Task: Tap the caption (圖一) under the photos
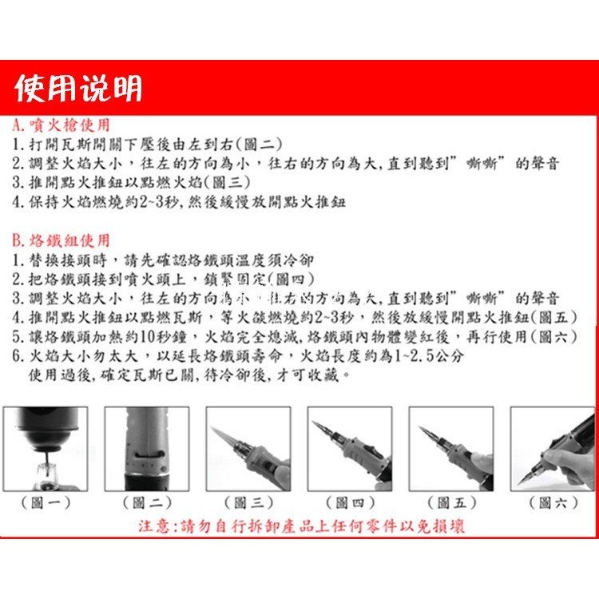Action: [x=45, y=502]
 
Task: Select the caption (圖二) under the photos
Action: [x=147, y=502]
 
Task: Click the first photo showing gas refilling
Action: [x=45, y=448]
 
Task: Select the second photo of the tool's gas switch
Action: [x=147, y=448]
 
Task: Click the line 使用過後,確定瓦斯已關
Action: [x=188, y=375]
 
